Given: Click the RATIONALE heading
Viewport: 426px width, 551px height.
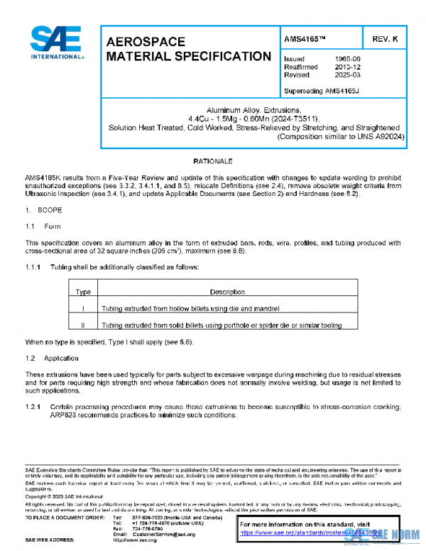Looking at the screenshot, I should (x=213, y=163).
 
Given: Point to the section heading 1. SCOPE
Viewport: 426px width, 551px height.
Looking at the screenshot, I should (x=44, y=211).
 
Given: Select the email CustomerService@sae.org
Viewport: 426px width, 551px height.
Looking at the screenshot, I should (x=163, y=534).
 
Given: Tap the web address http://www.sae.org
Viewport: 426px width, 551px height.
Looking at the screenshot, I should (x=135, y=540).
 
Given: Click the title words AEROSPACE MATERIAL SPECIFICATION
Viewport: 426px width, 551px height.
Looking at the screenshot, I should (x=187, y=49).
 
